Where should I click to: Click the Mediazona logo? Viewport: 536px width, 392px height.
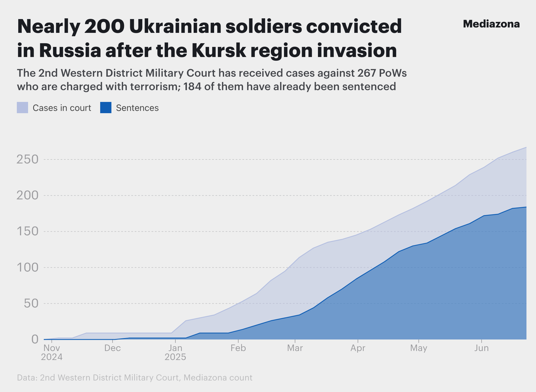click(x=491, y=24)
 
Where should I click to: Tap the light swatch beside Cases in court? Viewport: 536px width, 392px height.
click(x=22, y=108)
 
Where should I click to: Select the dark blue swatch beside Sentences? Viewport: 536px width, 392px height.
click(x=106, y=108)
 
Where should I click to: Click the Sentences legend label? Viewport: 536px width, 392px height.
click(x=137, y=108)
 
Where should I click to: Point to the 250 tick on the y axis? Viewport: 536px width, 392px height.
click(x=28, y=159)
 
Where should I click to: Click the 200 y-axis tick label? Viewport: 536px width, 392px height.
click(x=28, y=195)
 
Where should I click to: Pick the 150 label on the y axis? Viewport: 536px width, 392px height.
click(x=28, y=231)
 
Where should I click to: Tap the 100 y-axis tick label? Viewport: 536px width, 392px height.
click(x=28, y=267)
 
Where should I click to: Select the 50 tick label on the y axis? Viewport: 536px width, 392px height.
click(x=31, y=303)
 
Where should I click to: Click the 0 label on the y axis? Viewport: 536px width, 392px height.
click(x=35, y=339)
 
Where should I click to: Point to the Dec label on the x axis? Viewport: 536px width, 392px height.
click(x=113, y=348)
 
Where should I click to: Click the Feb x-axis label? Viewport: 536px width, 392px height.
click(x=238, y=348)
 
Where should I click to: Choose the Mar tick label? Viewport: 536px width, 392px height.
click(x=295, y=348)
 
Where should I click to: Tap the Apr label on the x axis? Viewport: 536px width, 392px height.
click(x=358, y=348)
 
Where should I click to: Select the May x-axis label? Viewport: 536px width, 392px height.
click(x=418, y=348)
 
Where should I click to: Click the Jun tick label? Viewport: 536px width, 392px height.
click(x=482, y=348)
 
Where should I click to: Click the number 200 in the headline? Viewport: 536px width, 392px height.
click(x=104, y=26)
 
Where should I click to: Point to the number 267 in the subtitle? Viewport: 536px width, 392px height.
click(x=366, y=73)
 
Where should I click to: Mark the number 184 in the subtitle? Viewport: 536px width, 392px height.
click(x=192, y=86)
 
